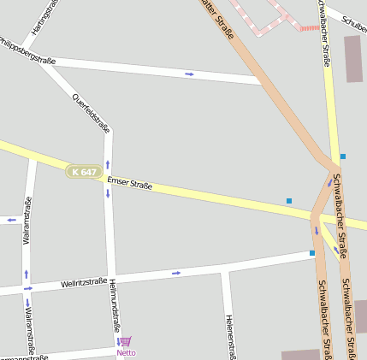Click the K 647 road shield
[84, 172]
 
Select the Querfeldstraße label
[92, 113]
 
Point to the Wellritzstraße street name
[84, 282]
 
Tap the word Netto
[126, 352]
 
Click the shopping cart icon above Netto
[126, 341]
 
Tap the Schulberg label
[352, 20]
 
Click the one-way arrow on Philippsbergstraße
[189, 74]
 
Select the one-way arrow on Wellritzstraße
[176, 273]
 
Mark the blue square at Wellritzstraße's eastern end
[312, 253]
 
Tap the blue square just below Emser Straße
[289, 201]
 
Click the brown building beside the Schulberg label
[352, 58]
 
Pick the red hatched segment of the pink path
[309, 27]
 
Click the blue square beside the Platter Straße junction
[343, 156]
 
